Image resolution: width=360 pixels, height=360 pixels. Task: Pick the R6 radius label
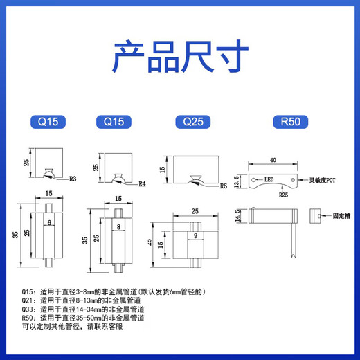tap(223, 186)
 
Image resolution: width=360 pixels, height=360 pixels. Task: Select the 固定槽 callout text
tap(340, 217)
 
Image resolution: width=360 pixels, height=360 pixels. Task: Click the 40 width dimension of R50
tap(273, 159)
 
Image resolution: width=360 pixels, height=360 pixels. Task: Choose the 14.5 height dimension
tap(239, 216)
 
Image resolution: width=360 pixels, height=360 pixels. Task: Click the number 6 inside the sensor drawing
tap(50, 223)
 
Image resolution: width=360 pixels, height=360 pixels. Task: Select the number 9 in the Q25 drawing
tap(195, 235)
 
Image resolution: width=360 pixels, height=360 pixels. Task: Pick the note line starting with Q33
tap(83, 309)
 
